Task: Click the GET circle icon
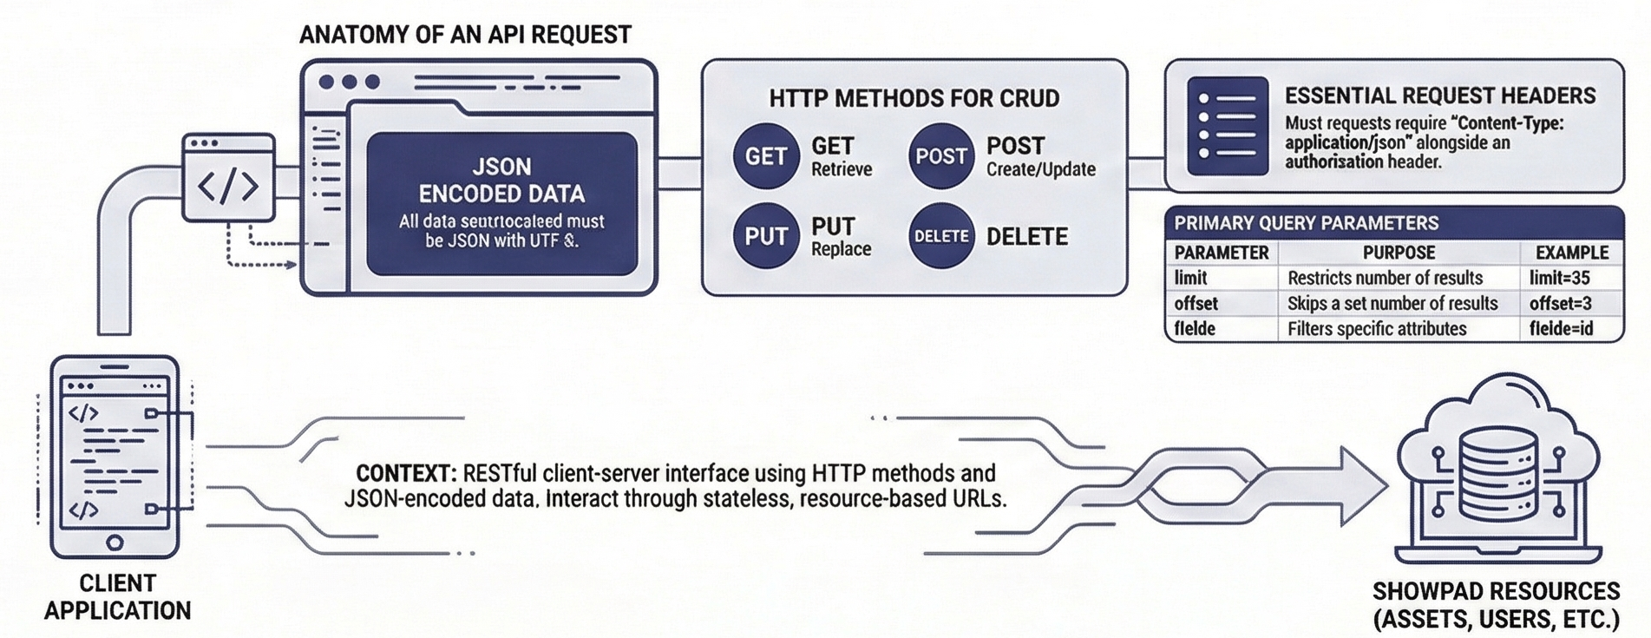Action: [x=765, y=156]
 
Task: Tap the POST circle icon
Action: [x=940, y=156]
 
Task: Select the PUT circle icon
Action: [x=765, y=236]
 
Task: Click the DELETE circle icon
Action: [x=940, y=236]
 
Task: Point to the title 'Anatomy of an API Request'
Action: [x=465, y=35]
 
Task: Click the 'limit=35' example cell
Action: [x=1559, y=278]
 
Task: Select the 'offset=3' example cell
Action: [x=1560, y=304]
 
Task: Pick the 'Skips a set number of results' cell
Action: [x=1392, y=304]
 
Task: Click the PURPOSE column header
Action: [x=1398, y=253]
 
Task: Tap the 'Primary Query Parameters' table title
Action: [x=1306, y=223]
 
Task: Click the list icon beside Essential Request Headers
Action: [x=1228, y=126]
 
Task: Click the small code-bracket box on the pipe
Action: [x=228, y=178]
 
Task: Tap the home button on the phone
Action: [x=115, y=543]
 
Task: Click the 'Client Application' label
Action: [x=117, y=597]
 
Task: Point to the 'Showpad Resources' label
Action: [x=1496, y=605]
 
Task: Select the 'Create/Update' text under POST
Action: [x=1040, y=169]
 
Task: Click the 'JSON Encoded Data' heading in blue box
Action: [x=501, y=180]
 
